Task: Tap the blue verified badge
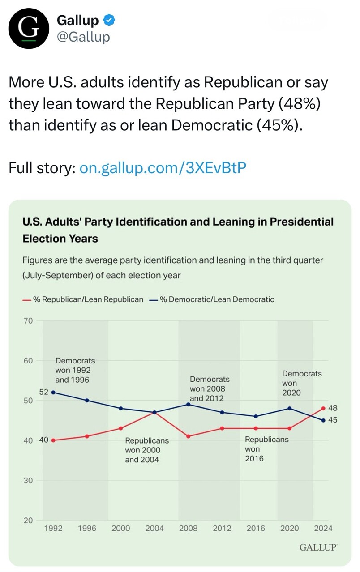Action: click(110, 20)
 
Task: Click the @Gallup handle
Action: click(83, 37)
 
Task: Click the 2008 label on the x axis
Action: click(189, 528)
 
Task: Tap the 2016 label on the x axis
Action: click(256, 528)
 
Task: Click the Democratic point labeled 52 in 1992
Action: click(53, 392)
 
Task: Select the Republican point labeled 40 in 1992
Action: click(53, 440)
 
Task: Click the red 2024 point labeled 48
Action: click(323, 408)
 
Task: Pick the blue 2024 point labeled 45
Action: click(323, 420)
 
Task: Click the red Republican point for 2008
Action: click(189, 436)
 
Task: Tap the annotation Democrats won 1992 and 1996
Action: click(75, 370)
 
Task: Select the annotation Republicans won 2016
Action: click(266, 449)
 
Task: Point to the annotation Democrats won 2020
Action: click(301, 383)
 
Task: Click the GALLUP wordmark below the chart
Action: click(318, 547)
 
